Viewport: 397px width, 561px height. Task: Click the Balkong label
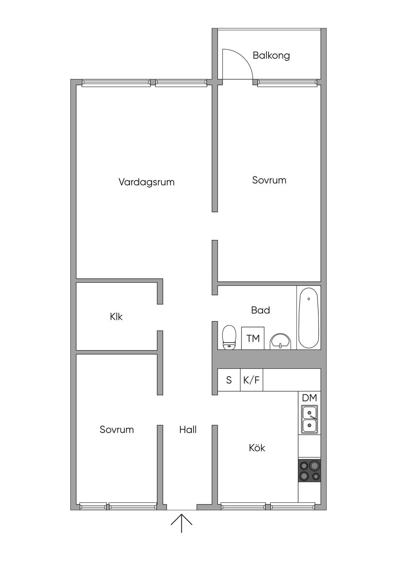point(271,56)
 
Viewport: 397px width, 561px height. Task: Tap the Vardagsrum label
point(147,182)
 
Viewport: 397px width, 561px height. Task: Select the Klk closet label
point(116,317)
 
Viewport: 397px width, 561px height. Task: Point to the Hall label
point(188,430)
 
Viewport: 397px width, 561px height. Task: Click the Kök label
point(257,447)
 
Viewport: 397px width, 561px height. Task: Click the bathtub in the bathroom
point(309,318)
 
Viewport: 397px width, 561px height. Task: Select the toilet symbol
point(229,337)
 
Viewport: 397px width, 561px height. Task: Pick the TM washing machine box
point(253,338)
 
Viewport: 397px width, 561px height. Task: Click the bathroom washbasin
point(280,341)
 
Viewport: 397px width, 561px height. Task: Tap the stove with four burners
point(309,470)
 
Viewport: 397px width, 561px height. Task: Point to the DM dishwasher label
point(309,398)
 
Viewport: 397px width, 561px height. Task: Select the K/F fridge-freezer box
point(251,380)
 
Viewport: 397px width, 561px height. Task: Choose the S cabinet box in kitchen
point(229,380)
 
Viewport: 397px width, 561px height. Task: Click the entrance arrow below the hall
point(181,523)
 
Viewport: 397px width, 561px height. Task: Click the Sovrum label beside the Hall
point(117,430)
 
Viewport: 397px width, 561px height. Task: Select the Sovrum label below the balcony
point(269,180)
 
